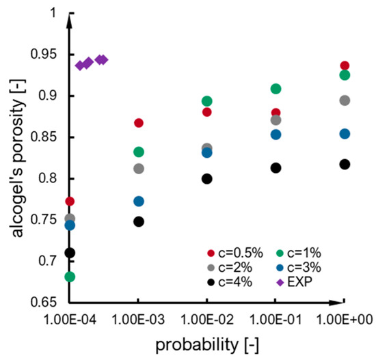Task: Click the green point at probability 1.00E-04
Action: point(70,277)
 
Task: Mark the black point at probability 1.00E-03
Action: point(139,221)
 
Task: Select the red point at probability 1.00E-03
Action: point(139,123)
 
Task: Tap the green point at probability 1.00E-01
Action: point(276,89)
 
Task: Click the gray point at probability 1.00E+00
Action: point(345,100)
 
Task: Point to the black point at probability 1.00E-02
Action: point(207,179)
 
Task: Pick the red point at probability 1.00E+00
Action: point(345,66)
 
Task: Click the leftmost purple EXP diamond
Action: point(80,65)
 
